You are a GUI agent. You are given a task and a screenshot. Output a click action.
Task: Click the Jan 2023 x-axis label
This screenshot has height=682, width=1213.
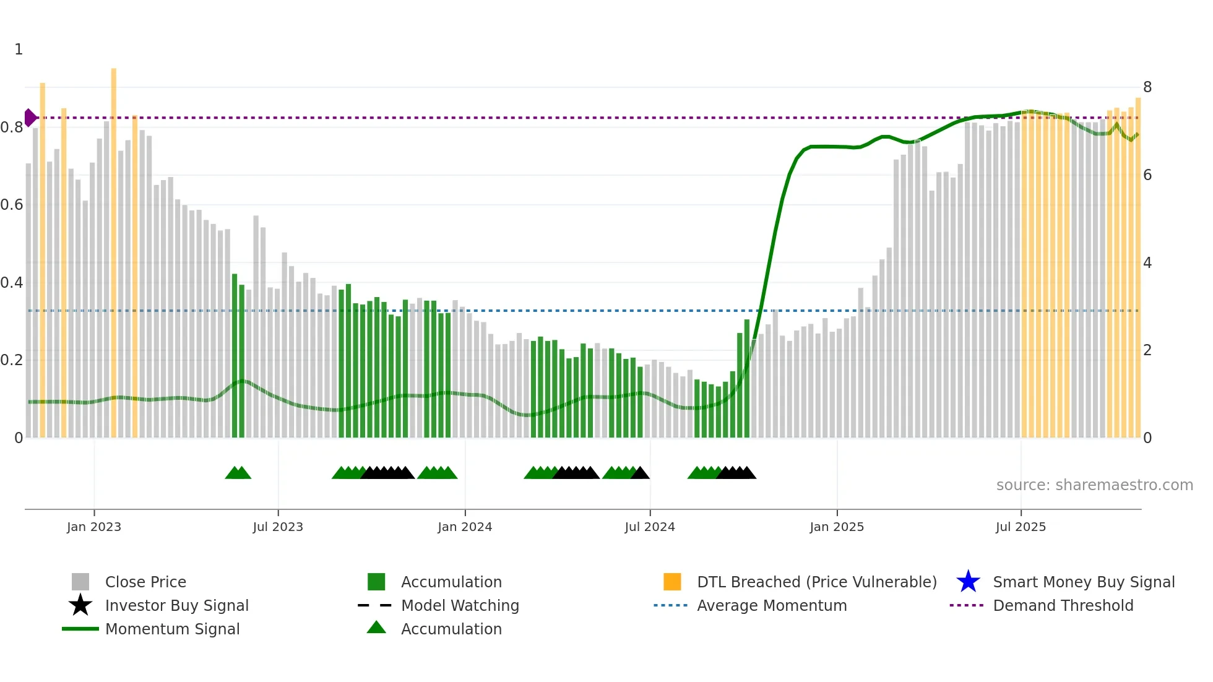[x=94, y=527]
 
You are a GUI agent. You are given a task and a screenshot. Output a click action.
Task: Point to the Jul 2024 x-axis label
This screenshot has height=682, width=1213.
[x=650, y=527]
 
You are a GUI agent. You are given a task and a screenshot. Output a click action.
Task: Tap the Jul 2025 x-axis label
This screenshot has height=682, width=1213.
[x=1021, y=527]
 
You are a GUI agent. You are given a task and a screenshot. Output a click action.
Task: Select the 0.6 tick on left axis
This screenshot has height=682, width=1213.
[x=11, y=205]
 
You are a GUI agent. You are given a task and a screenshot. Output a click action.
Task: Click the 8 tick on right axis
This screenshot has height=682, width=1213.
[x=1147, y=87]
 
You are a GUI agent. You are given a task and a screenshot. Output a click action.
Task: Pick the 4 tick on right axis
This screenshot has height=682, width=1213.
[x=1147, y=263]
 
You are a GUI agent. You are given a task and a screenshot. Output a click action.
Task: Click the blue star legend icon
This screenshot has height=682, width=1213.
[x=968, y=582]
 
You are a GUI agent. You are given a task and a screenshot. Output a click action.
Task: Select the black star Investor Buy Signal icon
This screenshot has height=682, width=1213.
[x=80, y=605]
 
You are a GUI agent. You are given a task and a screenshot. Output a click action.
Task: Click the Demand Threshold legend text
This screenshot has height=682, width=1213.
[x=1063, y=605]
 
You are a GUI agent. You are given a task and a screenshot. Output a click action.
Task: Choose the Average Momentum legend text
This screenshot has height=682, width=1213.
[x=772, y=605]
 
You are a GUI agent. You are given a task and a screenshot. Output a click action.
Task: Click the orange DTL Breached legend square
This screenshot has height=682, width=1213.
[x=672, y=582]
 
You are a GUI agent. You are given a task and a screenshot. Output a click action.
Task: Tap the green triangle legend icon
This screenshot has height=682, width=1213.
[x=376, y=628]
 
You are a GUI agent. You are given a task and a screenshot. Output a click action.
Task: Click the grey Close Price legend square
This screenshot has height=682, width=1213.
[x=80, y=582]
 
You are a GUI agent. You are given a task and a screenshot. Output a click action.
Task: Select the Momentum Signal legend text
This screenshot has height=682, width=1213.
[x=172, y=629]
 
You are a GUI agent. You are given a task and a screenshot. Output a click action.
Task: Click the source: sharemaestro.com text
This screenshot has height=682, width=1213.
[x=1094, y=485]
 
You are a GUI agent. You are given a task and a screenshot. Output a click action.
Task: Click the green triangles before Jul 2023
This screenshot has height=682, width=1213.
[x=238, y=473]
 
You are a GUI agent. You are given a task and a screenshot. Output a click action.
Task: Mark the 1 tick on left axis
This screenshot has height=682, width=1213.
[x=19, y=50]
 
